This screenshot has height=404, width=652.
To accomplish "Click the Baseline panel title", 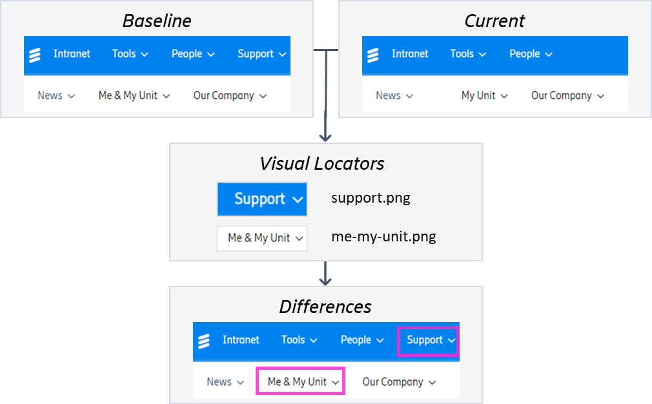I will (157, 21).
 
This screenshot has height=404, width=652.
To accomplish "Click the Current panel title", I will (494, 21).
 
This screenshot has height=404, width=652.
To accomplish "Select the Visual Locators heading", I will (321, 164).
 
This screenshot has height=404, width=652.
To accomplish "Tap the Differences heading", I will (325, 307).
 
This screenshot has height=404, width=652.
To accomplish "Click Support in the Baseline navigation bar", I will (261, 54).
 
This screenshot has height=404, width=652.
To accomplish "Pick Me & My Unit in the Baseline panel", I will (134, 96).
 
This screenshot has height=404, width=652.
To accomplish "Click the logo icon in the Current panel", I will (373, 55).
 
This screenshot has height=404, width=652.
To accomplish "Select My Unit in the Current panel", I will (484, 96).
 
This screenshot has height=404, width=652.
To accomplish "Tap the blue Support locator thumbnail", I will (262, 199).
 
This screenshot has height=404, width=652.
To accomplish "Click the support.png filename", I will (371, 197).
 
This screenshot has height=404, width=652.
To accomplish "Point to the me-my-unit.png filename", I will (383, 237).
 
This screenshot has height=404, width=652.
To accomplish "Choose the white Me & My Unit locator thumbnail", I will (262, 238).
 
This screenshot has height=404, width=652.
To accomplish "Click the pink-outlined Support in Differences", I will (428, 340).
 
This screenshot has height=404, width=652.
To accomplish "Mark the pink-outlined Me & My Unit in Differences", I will (301, 381).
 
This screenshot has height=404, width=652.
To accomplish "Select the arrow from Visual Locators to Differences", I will (326, 274).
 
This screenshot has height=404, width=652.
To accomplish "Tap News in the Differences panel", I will (225, 382).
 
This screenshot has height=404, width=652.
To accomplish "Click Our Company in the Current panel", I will (567, 96).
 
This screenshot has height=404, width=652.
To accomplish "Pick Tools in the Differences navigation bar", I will (299, 340).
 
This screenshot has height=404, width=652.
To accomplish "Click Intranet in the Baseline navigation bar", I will (72, 54).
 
